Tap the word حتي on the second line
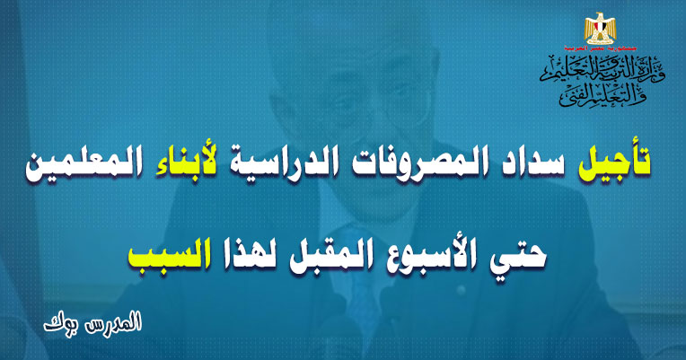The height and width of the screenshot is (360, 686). pyautogui.click(x=523, y=255)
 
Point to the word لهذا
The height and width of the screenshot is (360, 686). pyautogui.click(x=247, y=254)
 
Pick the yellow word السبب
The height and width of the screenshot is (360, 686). pyautogui.click(x=168, y=253)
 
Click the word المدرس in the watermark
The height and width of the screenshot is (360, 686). pyautogui.click(x=118, y=322)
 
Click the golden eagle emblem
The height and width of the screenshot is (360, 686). pyautogui.click(x=600, y=28)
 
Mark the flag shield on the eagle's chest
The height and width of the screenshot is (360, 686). pyautogui.click(x=600, y=30)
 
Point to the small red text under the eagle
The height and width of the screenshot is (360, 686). pyautogui.click(x=600, y=48)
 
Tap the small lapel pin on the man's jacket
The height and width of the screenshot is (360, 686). pyautogui.click(x=460, y=290)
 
